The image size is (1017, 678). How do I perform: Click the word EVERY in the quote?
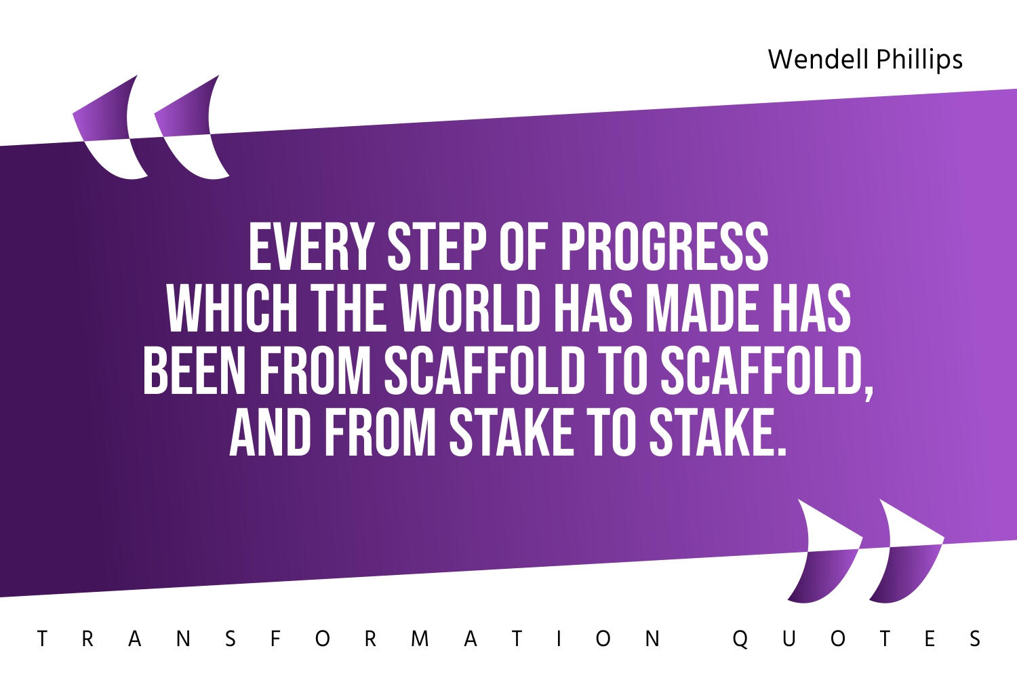(x=311, y=247)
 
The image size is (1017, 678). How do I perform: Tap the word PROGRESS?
(x=664, y=247)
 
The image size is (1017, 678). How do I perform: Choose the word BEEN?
(x=194, y=372)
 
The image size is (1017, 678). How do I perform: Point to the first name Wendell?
(x=818, y=60)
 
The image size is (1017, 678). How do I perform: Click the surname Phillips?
(x=919, y=60)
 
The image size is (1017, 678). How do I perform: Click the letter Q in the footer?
(x=740, y=639)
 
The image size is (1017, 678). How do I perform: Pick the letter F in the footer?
(x=275, y=639)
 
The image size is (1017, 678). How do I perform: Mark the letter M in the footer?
(x=420, y=639)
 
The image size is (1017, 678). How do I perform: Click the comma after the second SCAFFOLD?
(x=870, y=392)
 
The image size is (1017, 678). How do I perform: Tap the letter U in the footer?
(x=789, y=639)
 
